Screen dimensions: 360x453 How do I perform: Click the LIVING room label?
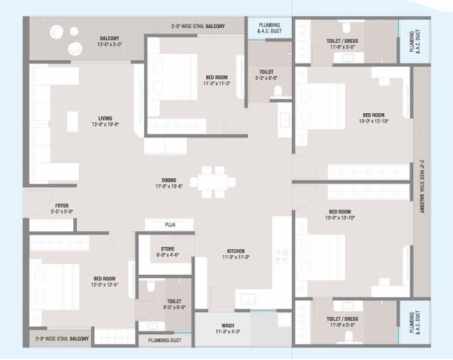click(x=105, y=117)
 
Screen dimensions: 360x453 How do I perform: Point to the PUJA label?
click(x=169, y=224)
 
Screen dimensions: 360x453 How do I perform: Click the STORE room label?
click(x=168, y=249)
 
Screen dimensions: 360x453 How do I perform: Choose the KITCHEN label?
click(x=236, y=251)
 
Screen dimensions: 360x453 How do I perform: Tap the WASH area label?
click(x=228, y=325)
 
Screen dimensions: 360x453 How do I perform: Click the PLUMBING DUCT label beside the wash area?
click(x=166, y=341)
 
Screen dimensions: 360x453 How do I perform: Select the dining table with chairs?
click(x=211, y=180)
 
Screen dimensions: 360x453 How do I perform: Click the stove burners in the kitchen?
click(x=282, y=256)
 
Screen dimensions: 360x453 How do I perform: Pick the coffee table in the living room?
click(x=72, y=120)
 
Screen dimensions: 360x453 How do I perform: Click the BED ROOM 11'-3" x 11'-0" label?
click(x=217, y=78)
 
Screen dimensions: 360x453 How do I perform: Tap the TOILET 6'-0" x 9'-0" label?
click(x=174, y=302)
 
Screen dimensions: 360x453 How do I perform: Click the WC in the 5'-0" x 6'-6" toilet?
click(x=279, y=92)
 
